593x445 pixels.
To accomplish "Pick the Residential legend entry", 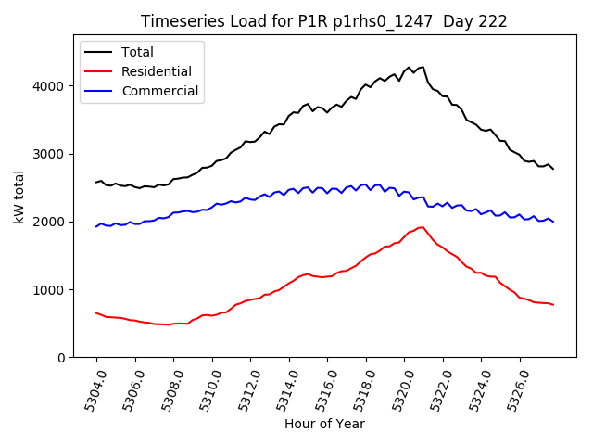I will (x=156, y=71).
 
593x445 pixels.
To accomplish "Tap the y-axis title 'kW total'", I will (x=19, y=197).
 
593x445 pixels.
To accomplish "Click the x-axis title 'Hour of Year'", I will (x=324, y=424).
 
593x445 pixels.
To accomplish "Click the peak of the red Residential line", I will (x=423, y=227).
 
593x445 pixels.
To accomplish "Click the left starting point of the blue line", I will (x=96, y=226).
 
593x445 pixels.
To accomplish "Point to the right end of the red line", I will (x=553, y=305).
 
